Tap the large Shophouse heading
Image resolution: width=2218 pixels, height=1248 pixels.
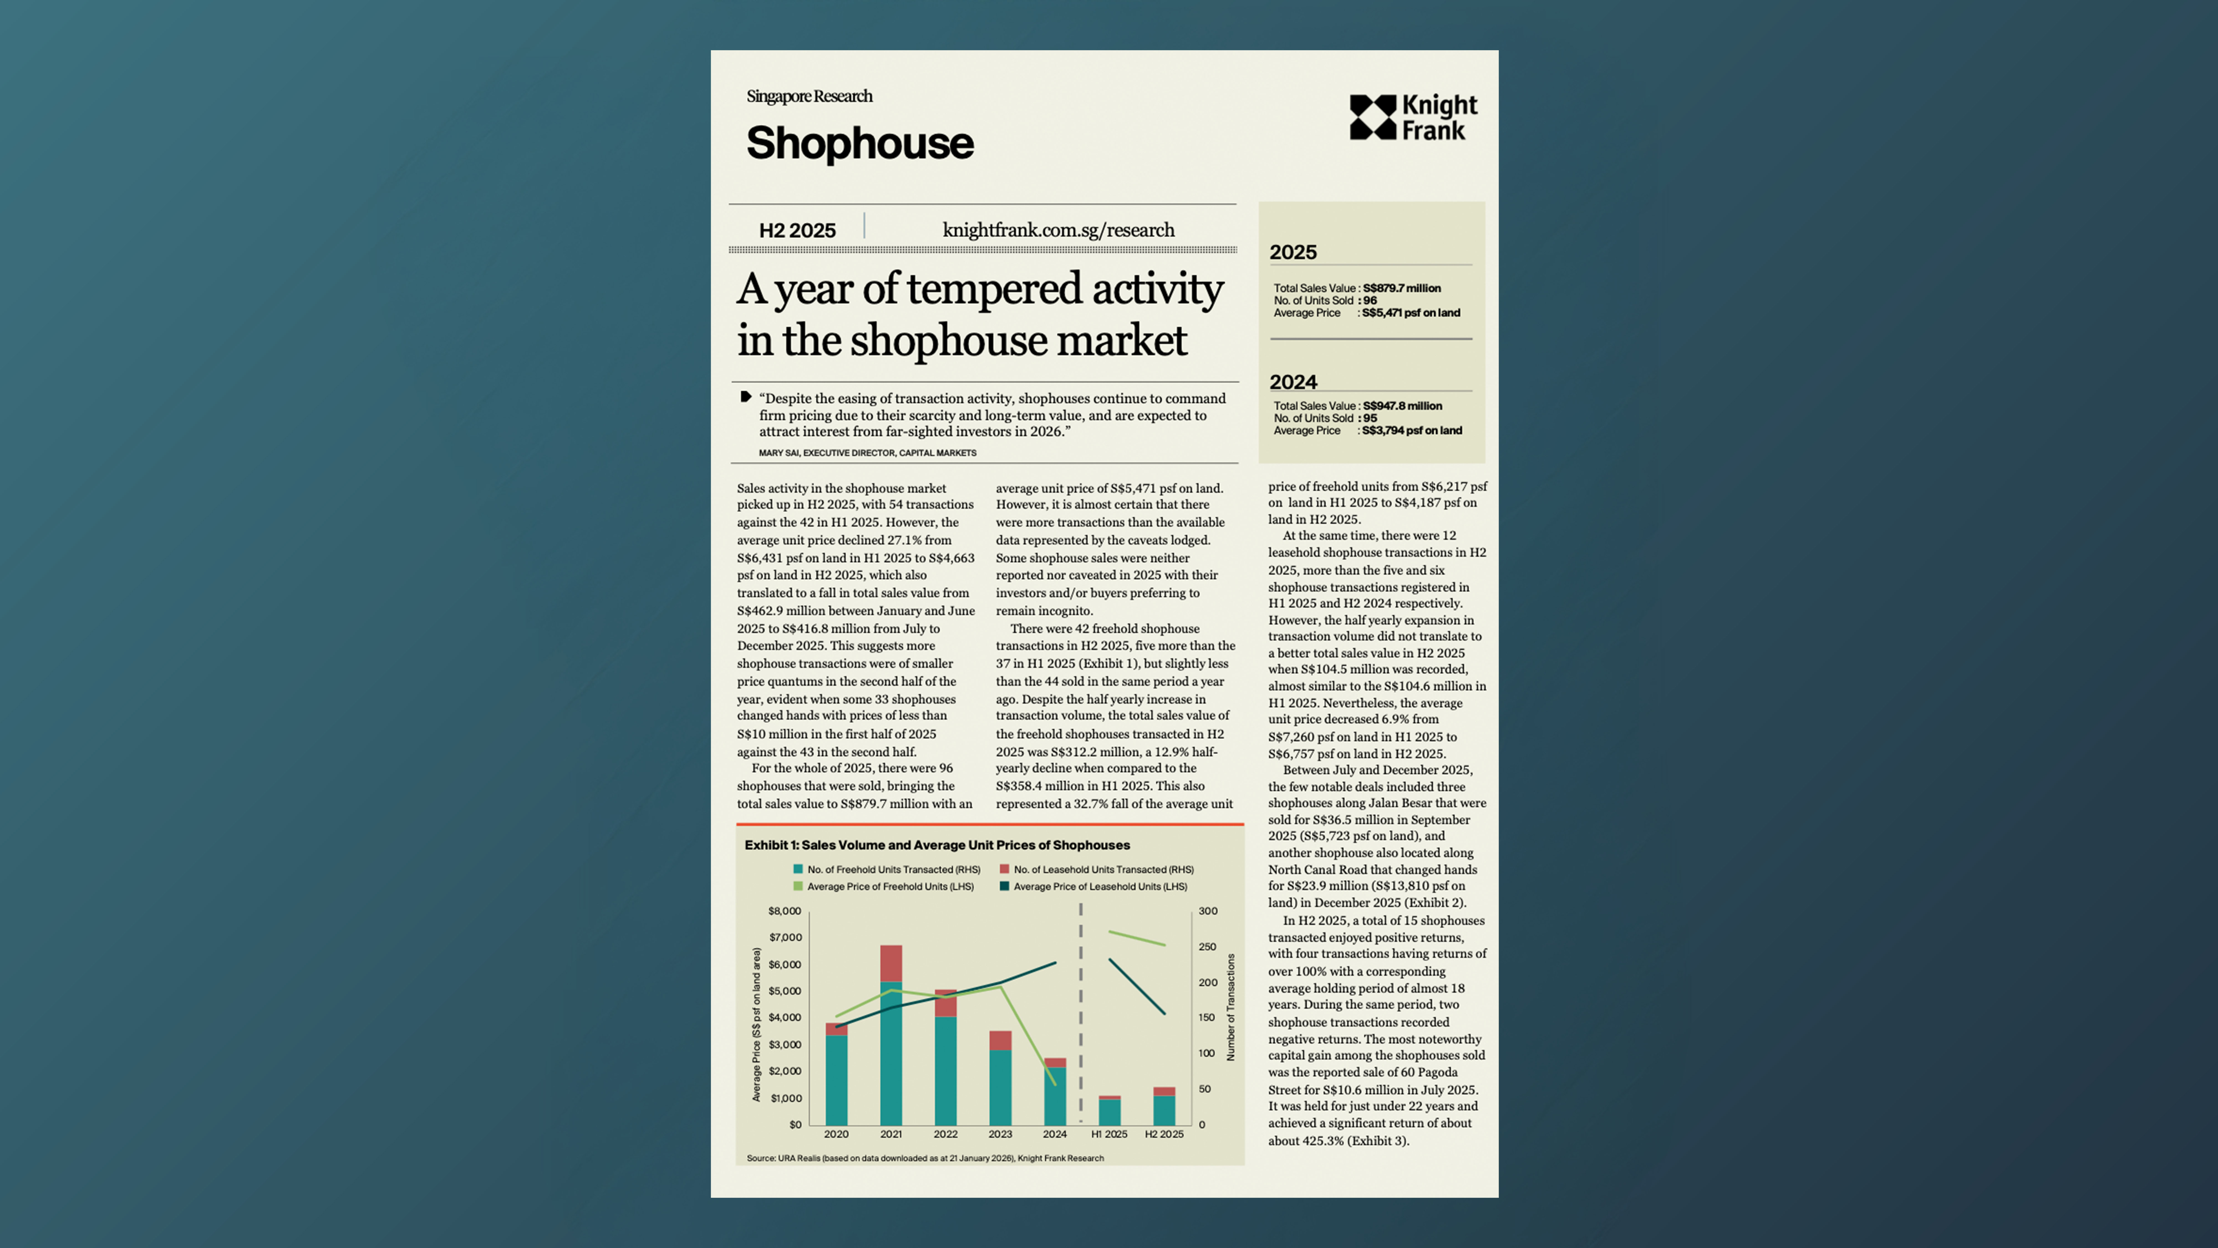click(x=859, y=143)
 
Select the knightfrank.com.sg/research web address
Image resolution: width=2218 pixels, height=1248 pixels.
click(x=1058, y=230)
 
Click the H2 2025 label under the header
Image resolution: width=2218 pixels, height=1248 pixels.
click(x=797, y=231)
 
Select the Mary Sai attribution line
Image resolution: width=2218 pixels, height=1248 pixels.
click(x=867, y=453)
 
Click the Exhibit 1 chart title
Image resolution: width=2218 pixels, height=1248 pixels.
click(x=937, y=845)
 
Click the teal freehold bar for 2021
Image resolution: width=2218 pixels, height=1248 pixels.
click(x=891, y=1055)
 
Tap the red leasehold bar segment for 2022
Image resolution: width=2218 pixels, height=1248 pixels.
click(x=945, y=1003)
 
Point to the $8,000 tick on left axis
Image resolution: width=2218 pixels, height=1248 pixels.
click(x=784, y=911)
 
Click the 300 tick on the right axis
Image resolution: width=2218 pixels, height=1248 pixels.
click(x=1208, y=911)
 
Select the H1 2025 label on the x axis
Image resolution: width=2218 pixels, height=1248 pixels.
click(x=1109, y=1134)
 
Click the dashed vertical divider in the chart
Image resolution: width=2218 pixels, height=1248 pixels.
click(x=1081, y=1016)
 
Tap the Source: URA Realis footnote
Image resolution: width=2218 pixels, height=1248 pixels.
click(x=925, y=1158)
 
